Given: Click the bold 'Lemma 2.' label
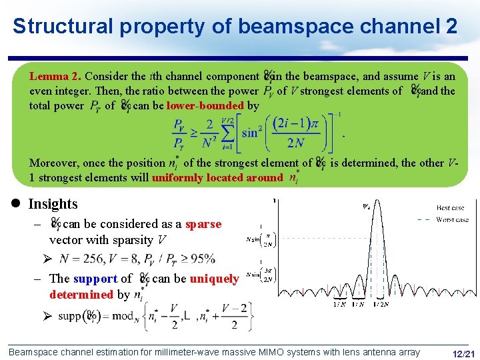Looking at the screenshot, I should point(55,77).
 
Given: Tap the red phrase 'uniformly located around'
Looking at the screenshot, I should point(217,177).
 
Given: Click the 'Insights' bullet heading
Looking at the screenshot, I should point(53,204).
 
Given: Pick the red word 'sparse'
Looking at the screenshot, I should point(203,224).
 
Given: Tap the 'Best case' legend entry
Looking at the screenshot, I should point(451,208).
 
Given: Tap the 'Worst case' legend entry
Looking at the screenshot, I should point(453,219).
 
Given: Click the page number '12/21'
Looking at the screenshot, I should point(463,353).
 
